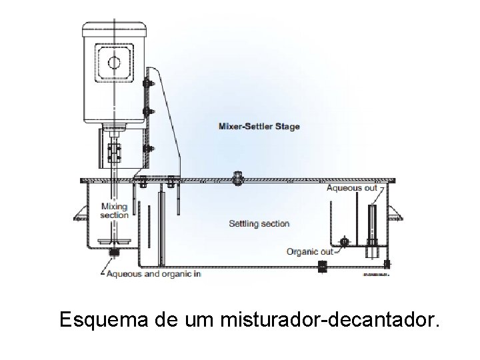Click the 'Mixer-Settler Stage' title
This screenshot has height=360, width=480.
(259, 126)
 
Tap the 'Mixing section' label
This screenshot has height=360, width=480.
(114, 211)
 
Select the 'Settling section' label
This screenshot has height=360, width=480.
(259, 223)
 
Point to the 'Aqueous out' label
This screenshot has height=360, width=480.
(351, 189)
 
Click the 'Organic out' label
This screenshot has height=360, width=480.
(309, 251)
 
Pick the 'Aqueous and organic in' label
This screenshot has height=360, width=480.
(153, 273)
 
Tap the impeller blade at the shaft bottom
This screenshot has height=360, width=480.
(113, 243)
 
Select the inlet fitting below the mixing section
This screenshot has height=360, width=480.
(113, 253)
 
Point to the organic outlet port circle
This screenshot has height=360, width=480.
(345, 241)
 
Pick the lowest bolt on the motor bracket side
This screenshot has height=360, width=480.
(147, 148)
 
